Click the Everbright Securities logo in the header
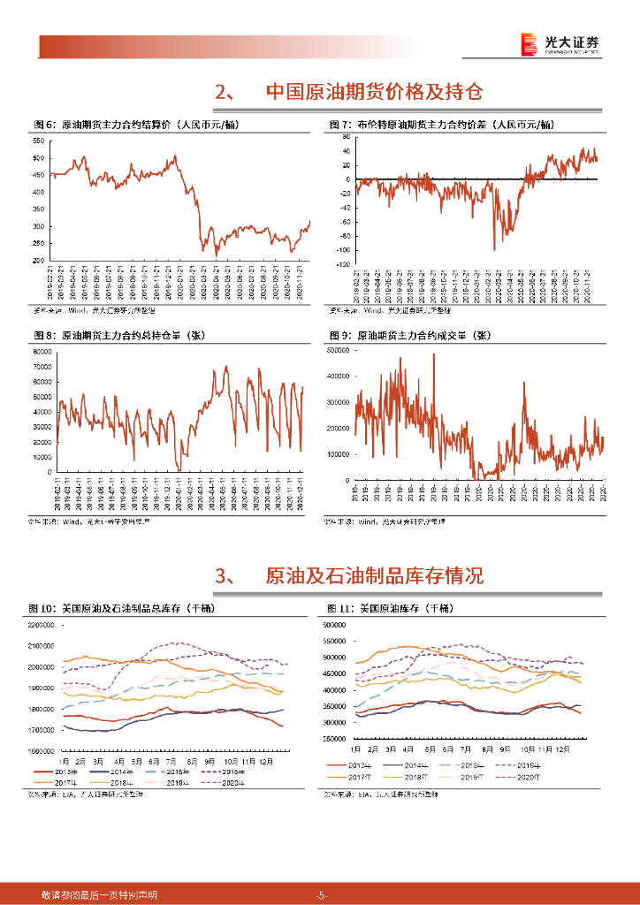[559, 43]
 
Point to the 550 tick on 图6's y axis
[39, 141]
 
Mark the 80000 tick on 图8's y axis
[38, 353]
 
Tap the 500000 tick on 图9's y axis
[339, 351]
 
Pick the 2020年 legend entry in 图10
[225, 782]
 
